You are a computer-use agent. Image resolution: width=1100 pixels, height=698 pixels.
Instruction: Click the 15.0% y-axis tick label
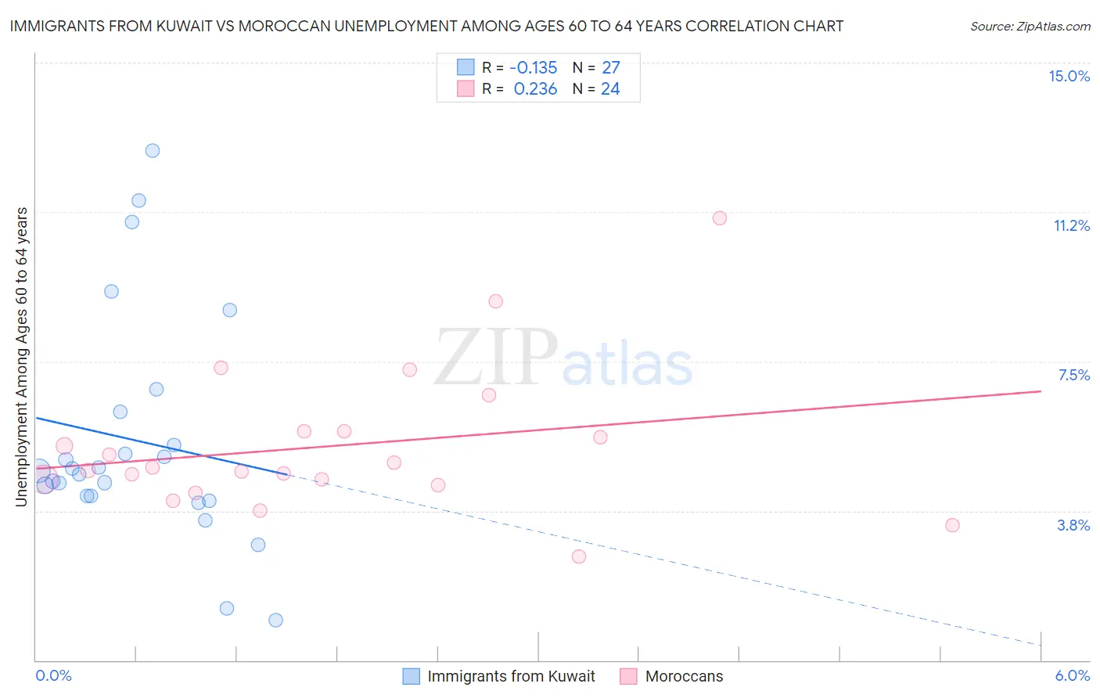point(1069,76)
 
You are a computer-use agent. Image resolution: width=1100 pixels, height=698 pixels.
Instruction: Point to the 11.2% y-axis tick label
point(1071,225)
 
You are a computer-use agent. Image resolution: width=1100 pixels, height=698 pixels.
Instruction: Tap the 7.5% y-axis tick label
point(1073,375)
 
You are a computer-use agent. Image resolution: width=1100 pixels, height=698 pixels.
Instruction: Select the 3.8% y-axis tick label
point(1073,525)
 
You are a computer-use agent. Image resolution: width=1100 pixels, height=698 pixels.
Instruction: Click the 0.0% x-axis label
point(53,675)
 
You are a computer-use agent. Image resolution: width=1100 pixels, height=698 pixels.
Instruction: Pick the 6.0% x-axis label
point(1072,675)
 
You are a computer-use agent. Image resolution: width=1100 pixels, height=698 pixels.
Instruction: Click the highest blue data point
point(153,150)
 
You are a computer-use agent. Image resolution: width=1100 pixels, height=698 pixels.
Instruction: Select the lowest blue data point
point(275,620)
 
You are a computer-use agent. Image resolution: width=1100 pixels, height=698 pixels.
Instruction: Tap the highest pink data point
point(720,218)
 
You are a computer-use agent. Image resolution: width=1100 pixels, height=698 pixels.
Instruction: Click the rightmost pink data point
point(952,525)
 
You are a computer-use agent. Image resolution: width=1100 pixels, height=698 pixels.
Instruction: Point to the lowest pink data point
point(579,556)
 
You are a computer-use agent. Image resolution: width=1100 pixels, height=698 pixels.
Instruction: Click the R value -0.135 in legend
point(533,68)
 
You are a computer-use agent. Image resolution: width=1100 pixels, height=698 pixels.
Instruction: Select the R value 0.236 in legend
point(535,89)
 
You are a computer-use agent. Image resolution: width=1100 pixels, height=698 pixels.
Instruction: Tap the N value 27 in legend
point(610,68)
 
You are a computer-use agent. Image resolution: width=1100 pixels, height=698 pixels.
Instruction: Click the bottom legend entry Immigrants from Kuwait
point(511,676)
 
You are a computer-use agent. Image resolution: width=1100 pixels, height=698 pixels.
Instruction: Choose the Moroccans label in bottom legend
point(684,676)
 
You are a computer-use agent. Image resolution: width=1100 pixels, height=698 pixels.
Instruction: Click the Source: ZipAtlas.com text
point(1030,27)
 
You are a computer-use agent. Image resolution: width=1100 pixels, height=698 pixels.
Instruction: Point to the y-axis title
point(22,357)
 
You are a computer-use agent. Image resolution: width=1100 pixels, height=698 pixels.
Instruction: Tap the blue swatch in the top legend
point(466,67)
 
